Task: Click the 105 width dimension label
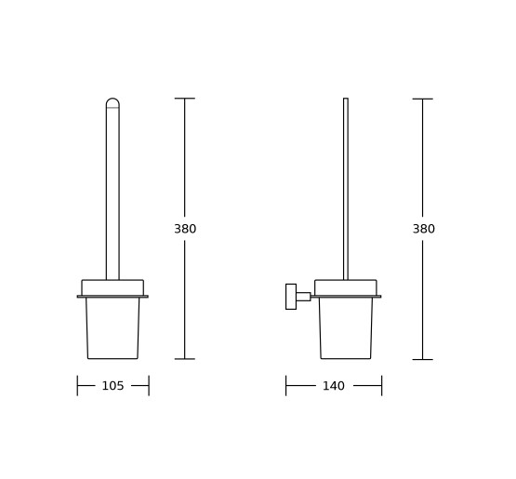tap(112, 385)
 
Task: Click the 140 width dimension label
tap(334, 385)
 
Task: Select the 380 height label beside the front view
tap(185, 229)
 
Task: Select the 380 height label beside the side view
tap(424, 229)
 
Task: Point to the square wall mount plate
tap(291, 297)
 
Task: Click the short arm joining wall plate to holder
tap(303, 297)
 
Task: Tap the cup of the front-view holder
tap(112, 328)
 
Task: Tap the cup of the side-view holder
tap(346, 328)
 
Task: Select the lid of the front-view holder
tap(112, 287)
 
